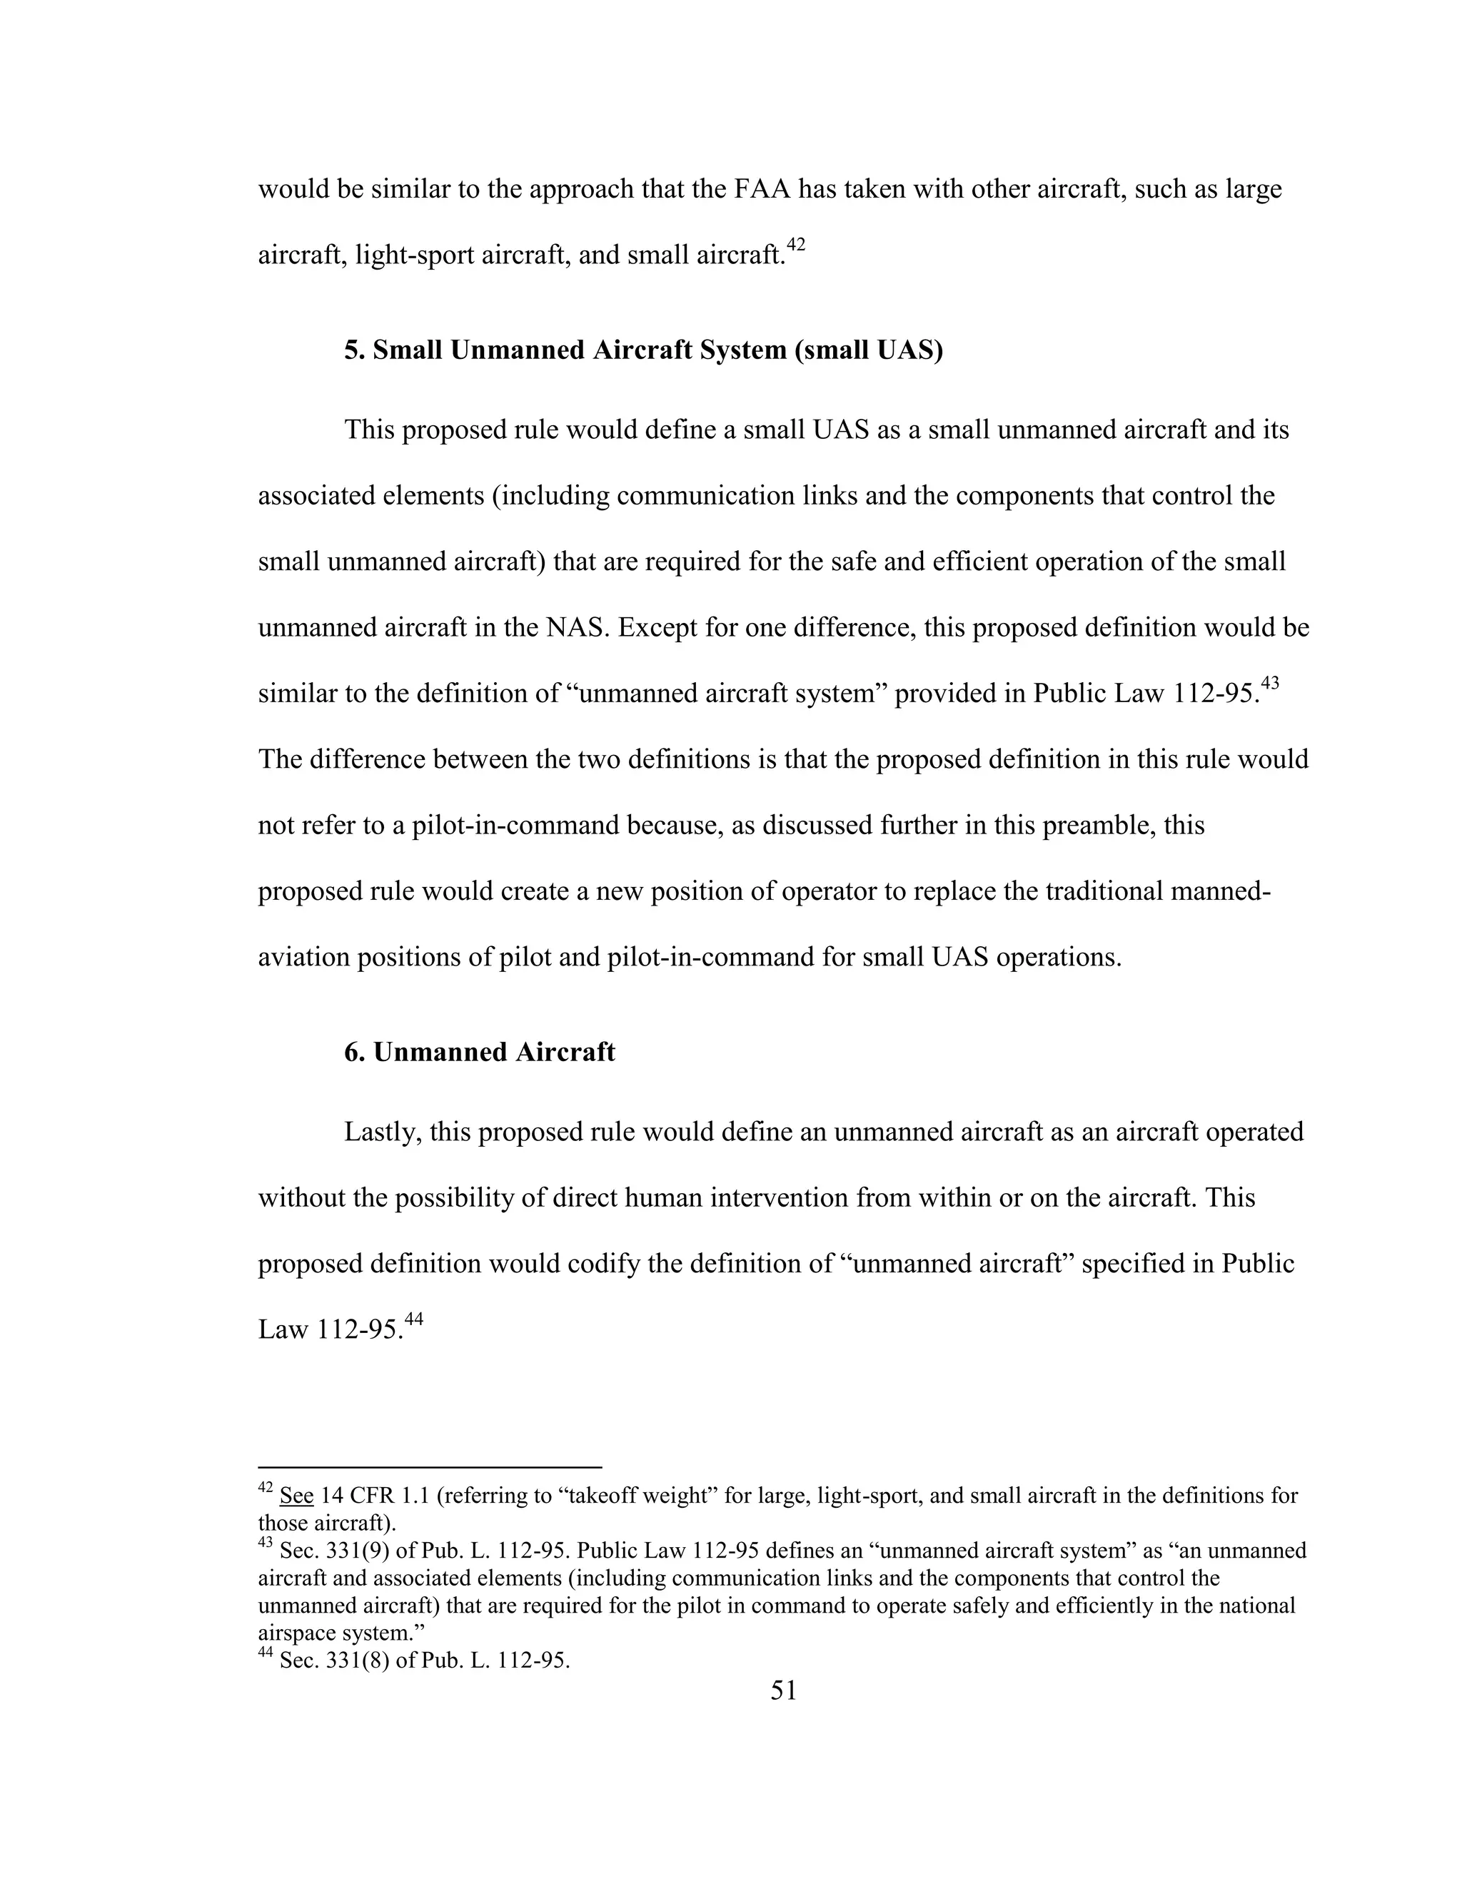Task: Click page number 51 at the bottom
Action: point(783,1689)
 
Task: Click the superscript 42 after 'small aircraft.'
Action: point(795,245)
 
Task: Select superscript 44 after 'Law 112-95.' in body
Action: point(413,1318)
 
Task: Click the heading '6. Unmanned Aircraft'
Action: point(479,1051)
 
